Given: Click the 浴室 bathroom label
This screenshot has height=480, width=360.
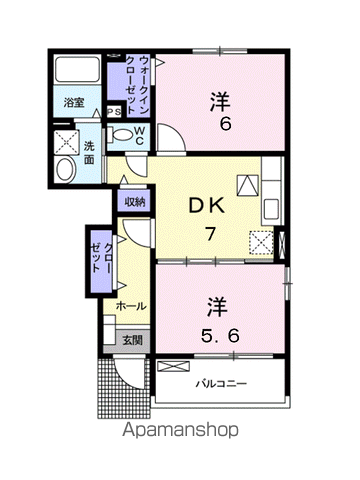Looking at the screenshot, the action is click(x=74, y=103).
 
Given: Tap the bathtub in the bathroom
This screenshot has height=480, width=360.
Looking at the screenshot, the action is click(x=77, y=69).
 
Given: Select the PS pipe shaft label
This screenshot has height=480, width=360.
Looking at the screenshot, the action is click(x=114, y=112).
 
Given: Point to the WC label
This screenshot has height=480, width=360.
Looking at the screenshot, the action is click(x=140, y=135).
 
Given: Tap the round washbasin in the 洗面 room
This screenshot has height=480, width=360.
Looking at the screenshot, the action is click(x=65, y=170).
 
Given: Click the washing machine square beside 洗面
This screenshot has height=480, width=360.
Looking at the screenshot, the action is click(x=66, y=142).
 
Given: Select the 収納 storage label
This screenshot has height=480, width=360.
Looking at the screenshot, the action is click(x=135, y=202).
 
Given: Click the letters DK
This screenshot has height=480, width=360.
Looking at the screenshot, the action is click(x=207, y=206).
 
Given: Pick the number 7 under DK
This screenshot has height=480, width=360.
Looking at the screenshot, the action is click(x=210, y=233).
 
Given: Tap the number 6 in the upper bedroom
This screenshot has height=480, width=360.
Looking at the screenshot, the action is click(x=225, y=124).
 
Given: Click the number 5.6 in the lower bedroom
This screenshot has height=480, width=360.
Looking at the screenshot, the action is click(x=220, y=335).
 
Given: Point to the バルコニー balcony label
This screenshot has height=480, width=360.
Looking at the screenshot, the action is click(x=221, y=384).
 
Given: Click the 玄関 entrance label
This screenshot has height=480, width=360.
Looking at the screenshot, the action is click(x=132, y=340).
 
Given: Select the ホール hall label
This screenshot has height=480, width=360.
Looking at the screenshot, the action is click(x=131, y=306).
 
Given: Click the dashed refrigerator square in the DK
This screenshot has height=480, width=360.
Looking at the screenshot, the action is click(x=261, y=243).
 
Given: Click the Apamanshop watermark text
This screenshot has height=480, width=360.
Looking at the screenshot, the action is click(x=180, y=431).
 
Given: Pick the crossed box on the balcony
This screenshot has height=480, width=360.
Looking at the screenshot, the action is click(x=173, y=367).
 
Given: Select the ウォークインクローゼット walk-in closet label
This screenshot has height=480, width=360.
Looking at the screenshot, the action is click(x=138, y=85).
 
